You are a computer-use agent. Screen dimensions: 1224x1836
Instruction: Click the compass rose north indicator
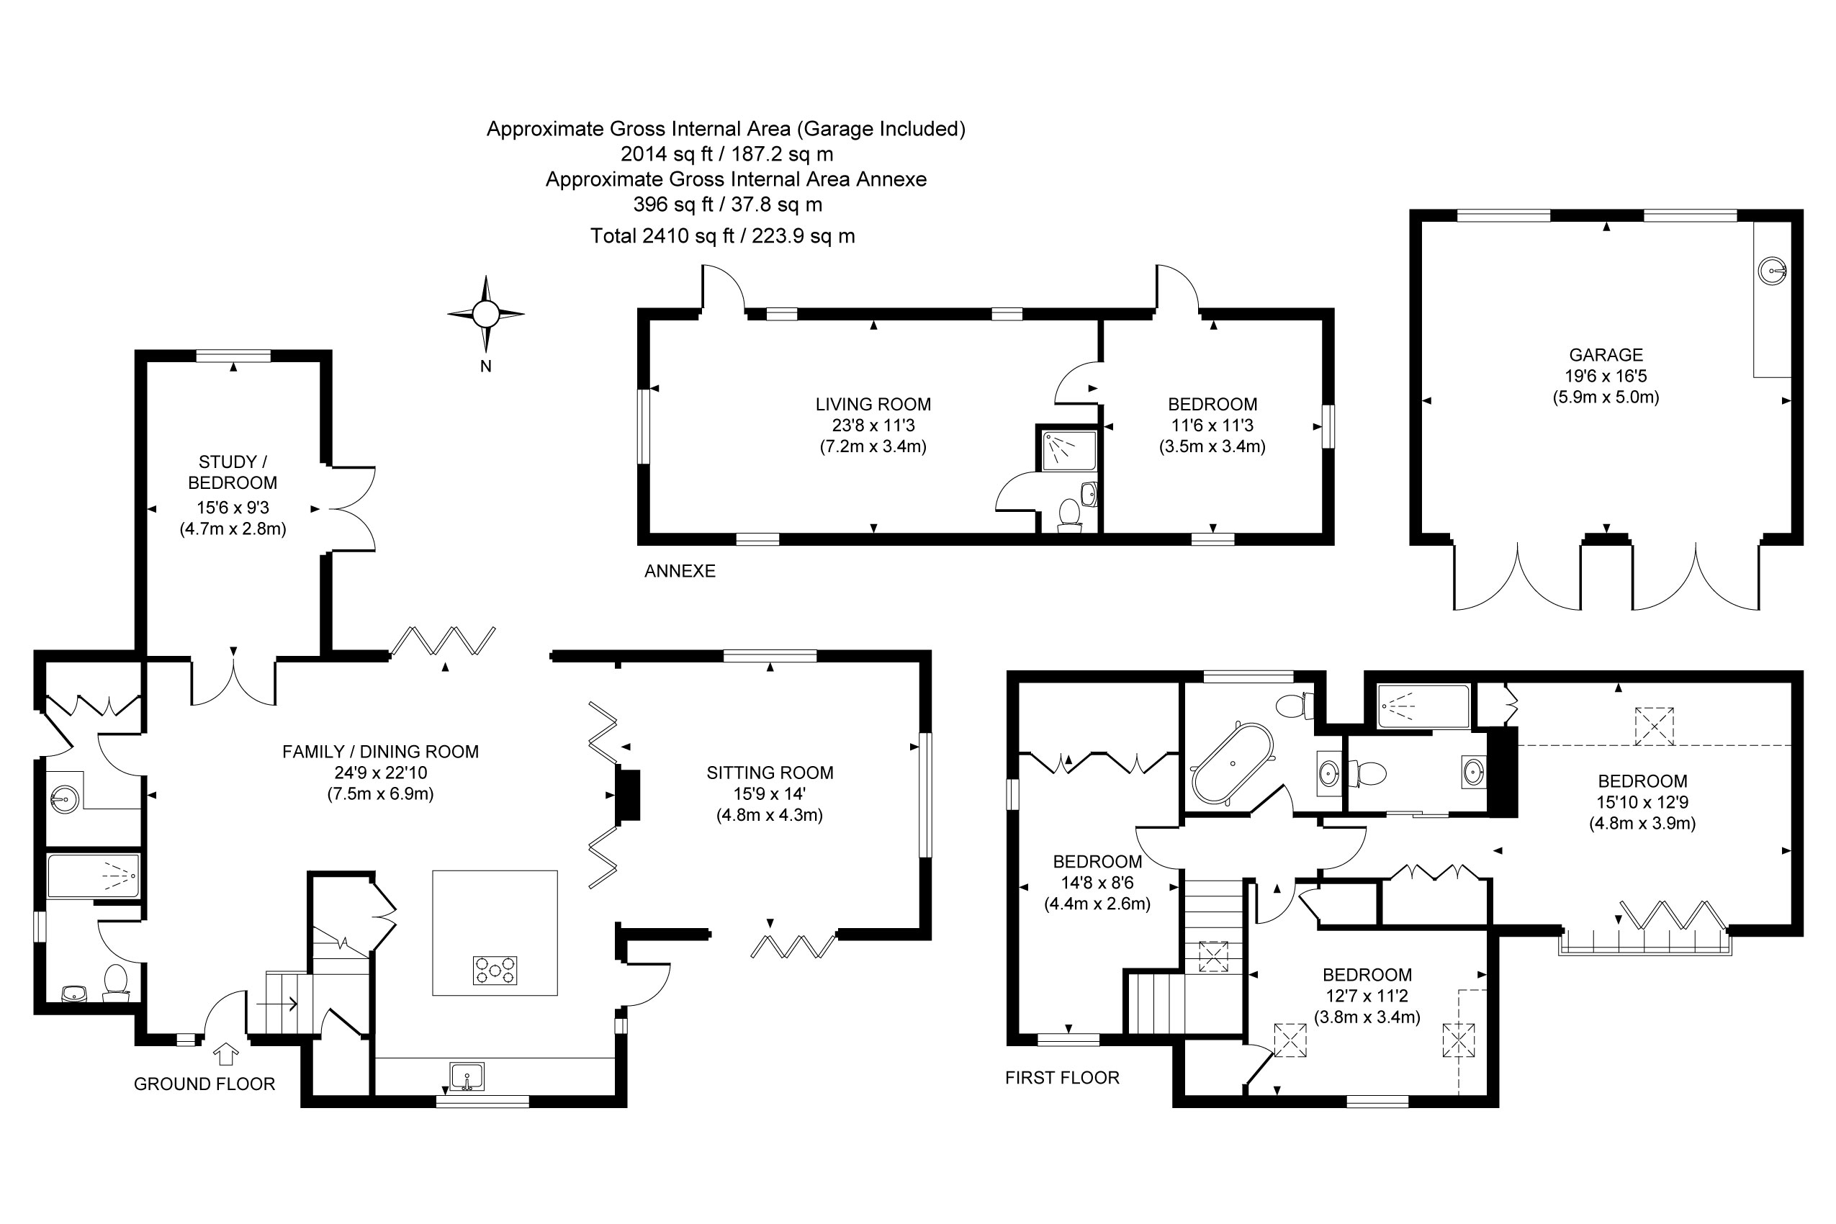tap(485, 315)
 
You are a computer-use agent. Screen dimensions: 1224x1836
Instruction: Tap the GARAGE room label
tap(1606, 355)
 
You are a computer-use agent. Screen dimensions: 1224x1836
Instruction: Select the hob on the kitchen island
tap(495, 971)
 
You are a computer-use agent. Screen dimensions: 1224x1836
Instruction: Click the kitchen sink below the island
tap(467, 1077)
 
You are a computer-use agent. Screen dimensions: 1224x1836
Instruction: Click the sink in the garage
tap(1771, 271)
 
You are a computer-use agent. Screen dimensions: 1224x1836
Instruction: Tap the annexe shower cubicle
tap(1068, 451)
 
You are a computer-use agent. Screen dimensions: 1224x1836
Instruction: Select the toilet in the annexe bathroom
tap(1069, 516)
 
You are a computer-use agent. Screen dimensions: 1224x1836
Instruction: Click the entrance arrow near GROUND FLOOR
tap(226, 1055)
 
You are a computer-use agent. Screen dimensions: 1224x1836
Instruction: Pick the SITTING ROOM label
tap(770, 773)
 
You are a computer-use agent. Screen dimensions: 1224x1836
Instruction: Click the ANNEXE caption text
tap(679, 572)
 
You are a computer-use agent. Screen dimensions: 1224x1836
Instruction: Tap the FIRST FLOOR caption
tap(1061, 1078)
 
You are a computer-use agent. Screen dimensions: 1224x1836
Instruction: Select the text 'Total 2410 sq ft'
tap(662, 235)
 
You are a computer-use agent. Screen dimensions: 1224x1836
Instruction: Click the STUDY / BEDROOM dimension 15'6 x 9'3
tap(233, 508)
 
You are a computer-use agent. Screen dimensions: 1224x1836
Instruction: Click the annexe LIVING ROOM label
tap(873, 405)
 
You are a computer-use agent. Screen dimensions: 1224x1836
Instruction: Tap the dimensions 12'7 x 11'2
tap(1367, 996)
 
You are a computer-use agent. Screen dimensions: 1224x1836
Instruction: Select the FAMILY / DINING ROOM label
tap(380, 752)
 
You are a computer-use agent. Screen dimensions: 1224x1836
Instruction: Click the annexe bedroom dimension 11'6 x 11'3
tap(1212, 426)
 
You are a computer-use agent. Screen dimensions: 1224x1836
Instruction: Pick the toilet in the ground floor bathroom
tap(115, 981)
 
